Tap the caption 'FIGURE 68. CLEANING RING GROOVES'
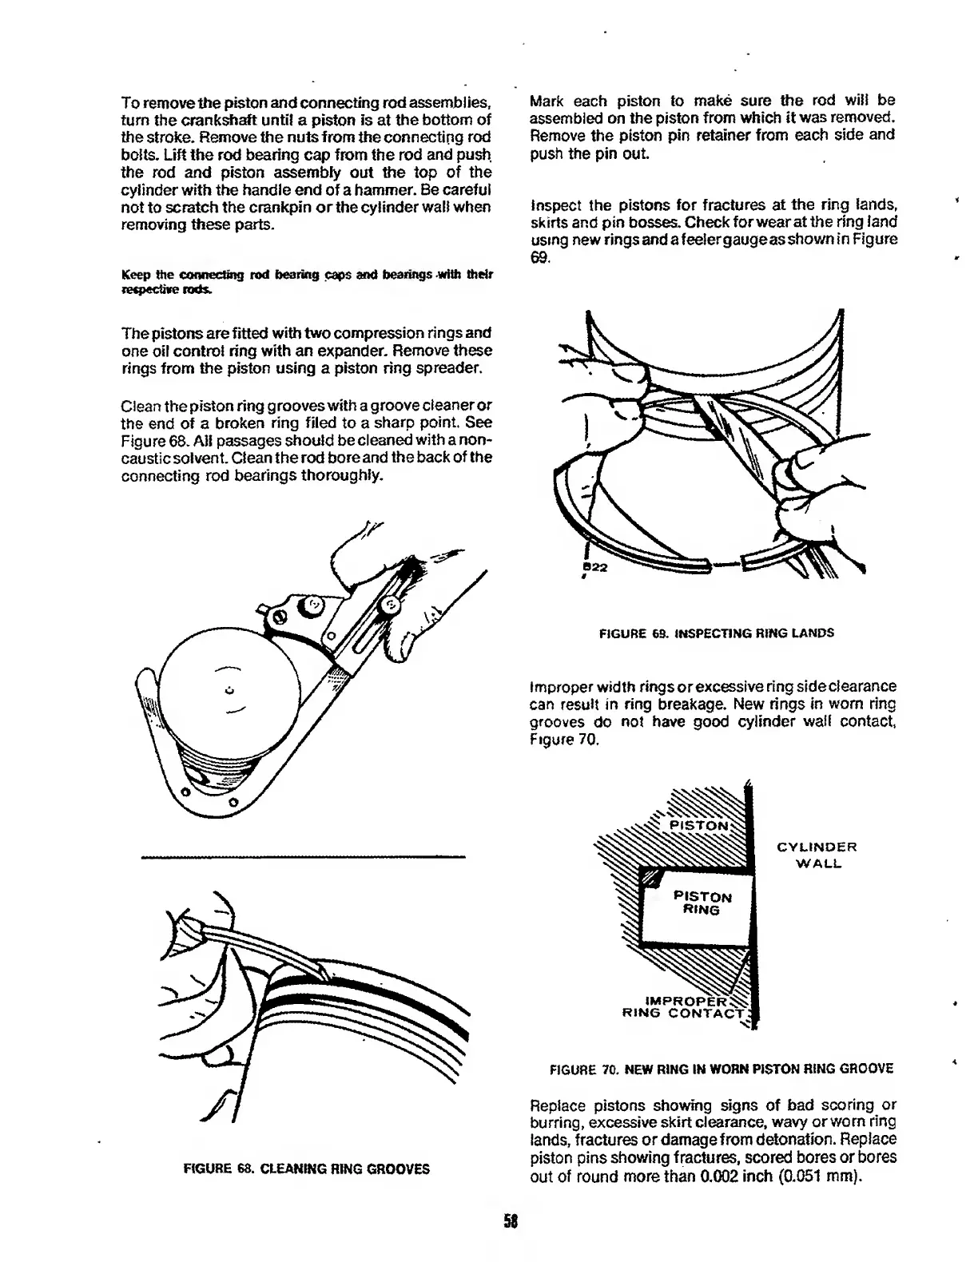point(307,1169)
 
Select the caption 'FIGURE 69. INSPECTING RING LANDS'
point(716,633)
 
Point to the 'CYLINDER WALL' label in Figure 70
point(816,855)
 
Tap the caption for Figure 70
point(722,1069)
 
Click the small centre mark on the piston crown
point(229,689)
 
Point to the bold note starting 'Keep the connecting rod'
point(306,282)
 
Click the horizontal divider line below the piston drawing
point(303,858)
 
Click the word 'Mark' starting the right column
point(547,101)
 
